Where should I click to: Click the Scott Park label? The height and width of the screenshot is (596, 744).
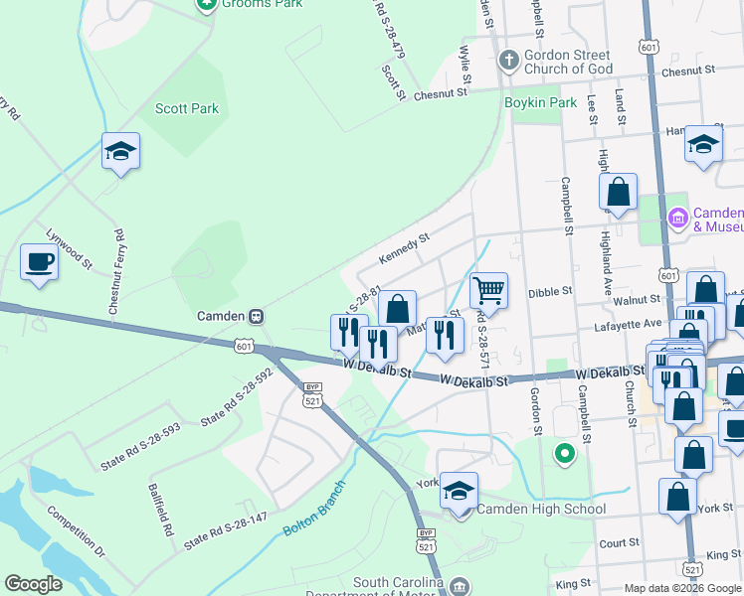(x=187, y=108)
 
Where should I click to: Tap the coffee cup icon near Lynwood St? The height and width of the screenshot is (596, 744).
(x=39, y=263)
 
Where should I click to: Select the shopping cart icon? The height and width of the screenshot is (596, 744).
(x=488, y=291)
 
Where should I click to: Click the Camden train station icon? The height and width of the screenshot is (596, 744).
(x=256, y=316)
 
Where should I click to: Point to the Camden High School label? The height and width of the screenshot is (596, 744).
(x=541, y=510)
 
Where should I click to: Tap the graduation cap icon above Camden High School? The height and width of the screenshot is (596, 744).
(x=459, y=491)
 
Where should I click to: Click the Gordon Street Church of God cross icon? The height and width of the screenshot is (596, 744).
(x=508, y=59)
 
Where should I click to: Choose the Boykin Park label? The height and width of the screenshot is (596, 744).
(x=541, y=102)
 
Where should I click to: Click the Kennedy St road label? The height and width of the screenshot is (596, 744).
(x=404, y=249)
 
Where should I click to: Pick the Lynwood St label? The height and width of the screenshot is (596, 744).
(x=69, y=250)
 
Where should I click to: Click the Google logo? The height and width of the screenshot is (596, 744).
(x=34, y=584)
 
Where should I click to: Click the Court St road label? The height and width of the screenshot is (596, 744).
(x=619, y=543)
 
